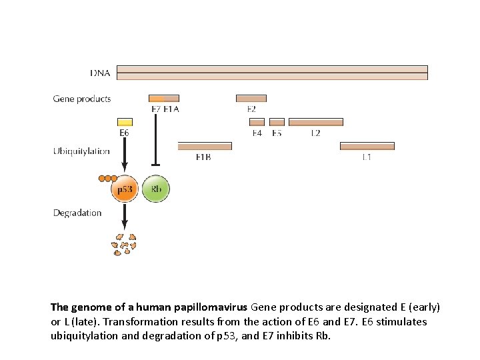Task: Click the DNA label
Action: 100,72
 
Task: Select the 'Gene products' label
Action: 82,99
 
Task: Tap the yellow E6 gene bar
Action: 125,122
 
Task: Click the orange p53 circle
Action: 125,189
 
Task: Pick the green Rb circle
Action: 156,189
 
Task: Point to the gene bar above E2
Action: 251,98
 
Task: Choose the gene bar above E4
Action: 257,122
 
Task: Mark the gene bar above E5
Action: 277,122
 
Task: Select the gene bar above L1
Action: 367,146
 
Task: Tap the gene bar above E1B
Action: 204,146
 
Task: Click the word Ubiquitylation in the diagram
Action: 81,151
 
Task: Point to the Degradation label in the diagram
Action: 77,213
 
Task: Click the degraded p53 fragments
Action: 125,244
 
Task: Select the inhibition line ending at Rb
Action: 155,140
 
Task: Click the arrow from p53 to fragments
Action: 125,217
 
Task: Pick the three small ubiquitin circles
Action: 107,179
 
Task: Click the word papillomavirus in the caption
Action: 211,307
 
